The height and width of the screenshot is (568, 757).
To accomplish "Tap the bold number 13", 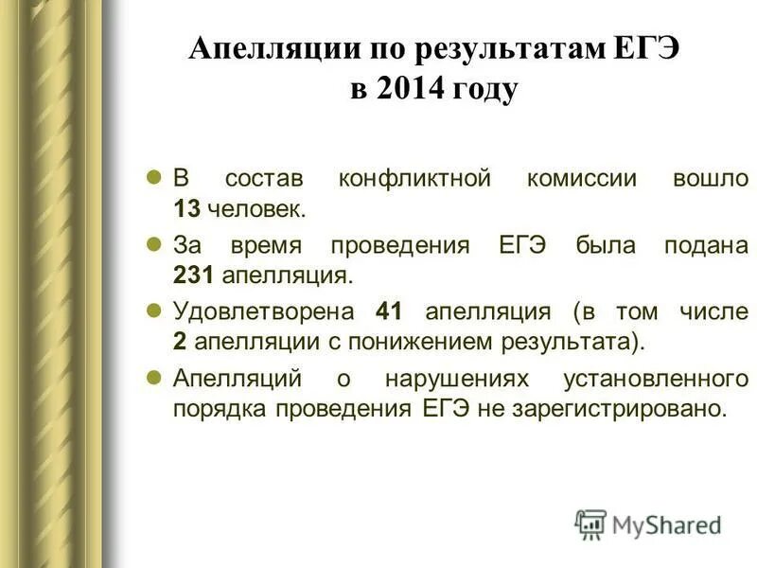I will (x=185, y=206).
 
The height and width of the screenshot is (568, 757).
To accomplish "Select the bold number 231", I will (x=192, y=275).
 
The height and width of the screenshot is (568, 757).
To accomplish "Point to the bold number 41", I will (x=390, y=311).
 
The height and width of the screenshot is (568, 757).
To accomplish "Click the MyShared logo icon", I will (x=590, y=524).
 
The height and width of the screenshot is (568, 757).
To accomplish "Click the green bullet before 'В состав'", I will (x=157, y=176).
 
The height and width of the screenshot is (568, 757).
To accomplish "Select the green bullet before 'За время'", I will (x=157, y=244).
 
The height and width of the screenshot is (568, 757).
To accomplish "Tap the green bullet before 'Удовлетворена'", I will (x=157, y=310).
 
